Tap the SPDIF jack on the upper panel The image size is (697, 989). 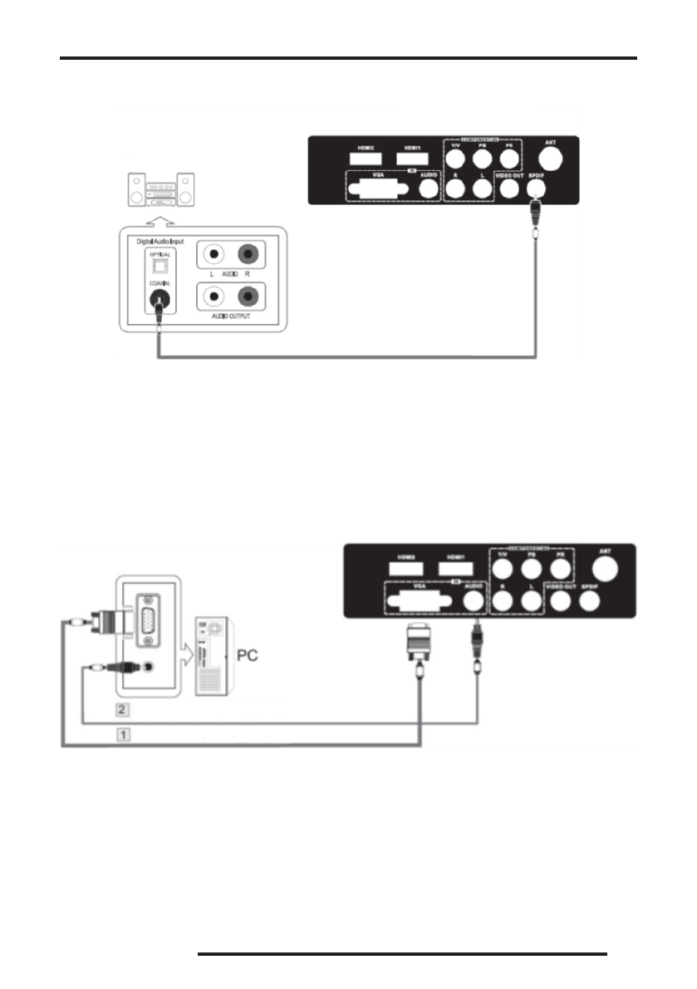(x=537, y=187)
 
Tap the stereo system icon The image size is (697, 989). (x=162, y=190)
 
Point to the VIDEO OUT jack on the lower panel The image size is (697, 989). (x=561, y=596)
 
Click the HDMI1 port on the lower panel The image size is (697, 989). (x=454, y=567)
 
